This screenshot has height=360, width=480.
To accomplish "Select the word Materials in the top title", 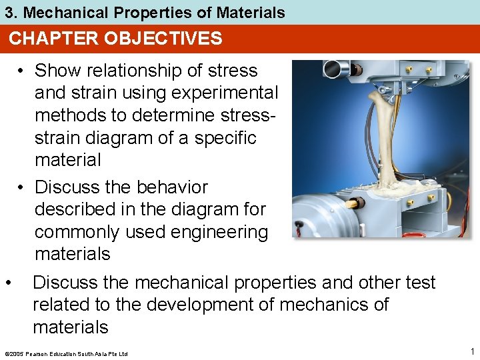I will coord(253,12).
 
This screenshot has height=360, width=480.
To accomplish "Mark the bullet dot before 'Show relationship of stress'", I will coord(23,71).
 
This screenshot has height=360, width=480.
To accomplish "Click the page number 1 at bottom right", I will coord(471,351).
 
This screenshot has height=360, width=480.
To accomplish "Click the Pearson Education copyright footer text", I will coord(65,353).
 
